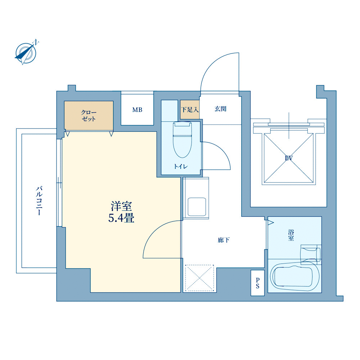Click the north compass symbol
pyautogui.click(x=26, y=53)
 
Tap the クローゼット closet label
pyautogui.click(x=89, y=116)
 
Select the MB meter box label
pyautogui.click(x=137, y=110)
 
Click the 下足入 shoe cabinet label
pyautogui.click(x=190, y=109)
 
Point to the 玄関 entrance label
pyautogui.click(x=220, y=109)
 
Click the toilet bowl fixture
pyautogui.click(x=183, y=139)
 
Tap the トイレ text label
pyautogui.click(x=181, y=166)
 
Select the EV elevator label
pyautogui.click(x=289, y=158)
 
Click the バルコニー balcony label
pyautogui.click(x=39, y=201)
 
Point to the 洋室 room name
pyautogui.click(x=121, y=206)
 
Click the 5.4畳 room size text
pyautogui.click(x=121, y=218)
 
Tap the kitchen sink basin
pyautogui.click(x=197, y=207)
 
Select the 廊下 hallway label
pyautogui.click(x=224, y=240)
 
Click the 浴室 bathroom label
pyautogui.click(x=291, y=235)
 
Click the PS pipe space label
pyautogui.click(x=258, y=283)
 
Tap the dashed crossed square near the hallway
pyautogui.click(x=199, y=278)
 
